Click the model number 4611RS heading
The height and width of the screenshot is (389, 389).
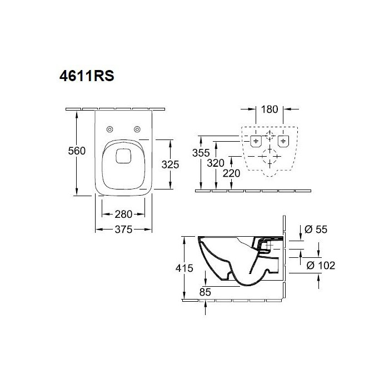point(87,76)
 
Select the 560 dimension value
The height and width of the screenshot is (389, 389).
point(77,151)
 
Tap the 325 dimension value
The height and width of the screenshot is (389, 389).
point(170,164)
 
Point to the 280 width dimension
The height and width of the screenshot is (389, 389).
point(123,215)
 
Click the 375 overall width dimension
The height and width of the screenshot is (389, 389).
point(123,230)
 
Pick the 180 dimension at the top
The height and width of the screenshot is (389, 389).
point(270,109)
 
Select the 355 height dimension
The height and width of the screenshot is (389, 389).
point(201,153)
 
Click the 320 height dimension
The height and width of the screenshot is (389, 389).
point(216,163)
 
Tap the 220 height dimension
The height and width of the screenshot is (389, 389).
point(231,173)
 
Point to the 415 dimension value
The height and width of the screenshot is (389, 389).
point(184,268)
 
